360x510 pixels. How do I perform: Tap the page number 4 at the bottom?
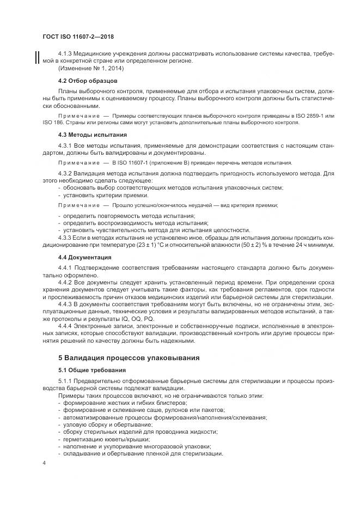click(44, 463)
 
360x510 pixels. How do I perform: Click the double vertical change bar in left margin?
click(37, 57)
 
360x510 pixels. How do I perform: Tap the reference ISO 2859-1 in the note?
click(312, 116)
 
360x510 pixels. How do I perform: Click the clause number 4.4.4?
click(66, 326)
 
